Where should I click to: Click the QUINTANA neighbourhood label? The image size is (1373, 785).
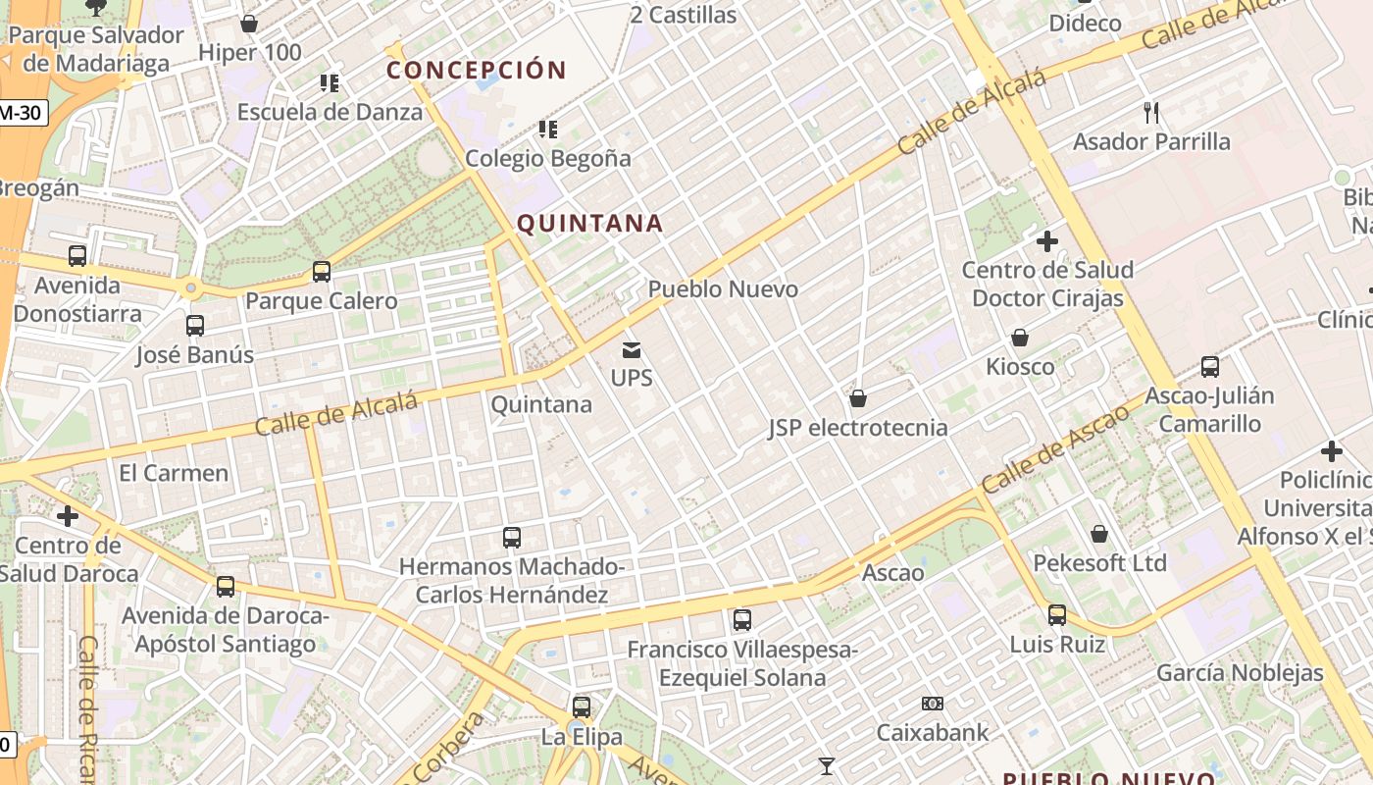[x=589, y=224]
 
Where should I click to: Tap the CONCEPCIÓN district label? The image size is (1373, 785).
[x=477, y=71]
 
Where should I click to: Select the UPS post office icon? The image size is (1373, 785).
[x=632, y=349]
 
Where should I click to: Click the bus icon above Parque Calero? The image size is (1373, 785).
[x=322, y=272]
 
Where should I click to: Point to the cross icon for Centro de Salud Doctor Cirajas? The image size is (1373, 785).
[x=1047, y=240]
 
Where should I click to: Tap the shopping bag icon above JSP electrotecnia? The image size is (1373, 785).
[x=858, y=398]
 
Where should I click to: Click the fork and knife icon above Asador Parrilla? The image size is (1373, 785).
[x=1151, y=113]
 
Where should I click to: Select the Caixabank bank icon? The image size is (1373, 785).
[x=933, y=704]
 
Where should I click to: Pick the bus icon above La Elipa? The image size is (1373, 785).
[x=582, y=706]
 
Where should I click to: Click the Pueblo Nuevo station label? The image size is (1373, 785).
[x=723, y=289]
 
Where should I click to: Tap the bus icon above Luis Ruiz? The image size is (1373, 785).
[x=1057, y=615]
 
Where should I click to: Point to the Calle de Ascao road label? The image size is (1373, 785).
[x=1054, y=449]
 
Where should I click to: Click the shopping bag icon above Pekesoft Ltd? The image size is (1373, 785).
[x=1099, y=534]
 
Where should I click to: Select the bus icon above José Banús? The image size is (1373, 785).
[x=195, y=326]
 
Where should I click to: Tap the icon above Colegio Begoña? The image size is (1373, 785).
[x=548, y=129]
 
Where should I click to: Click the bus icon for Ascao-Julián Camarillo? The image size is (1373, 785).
[x=1210, y=367]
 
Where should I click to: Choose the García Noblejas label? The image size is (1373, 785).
[x=1240, y=673]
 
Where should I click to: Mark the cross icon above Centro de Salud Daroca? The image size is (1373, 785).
[x=68, y=515]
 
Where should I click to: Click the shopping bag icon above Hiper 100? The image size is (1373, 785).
[x=249, y=24]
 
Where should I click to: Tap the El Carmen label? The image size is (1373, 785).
[x=174, y=473]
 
